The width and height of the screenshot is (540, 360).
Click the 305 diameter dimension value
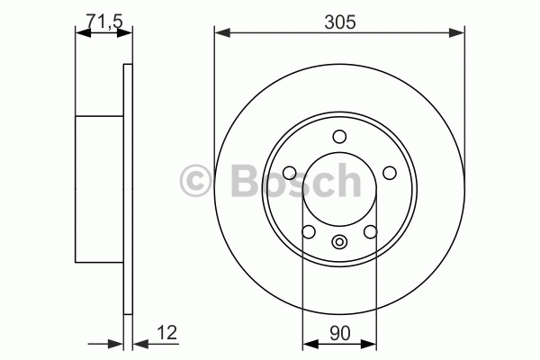pos(340,22)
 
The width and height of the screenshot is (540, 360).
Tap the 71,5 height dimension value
pos(104,22)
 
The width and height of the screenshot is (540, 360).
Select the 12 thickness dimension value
pos(167,332)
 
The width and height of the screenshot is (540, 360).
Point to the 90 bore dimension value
pos(339,333)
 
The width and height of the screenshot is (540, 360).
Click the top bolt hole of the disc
pos(339,137)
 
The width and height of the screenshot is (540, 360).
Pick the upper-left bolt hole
pos(290,173)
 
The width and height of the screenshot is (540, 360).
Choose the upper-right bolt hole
pos(390,173)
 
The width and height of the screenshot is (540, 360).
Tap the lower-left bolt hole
pos(309,231)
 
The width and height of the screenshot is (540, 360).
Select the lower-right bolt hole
pos(371,231)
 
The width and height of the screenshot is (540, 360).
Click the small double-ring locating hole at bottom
pos(339,241)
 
